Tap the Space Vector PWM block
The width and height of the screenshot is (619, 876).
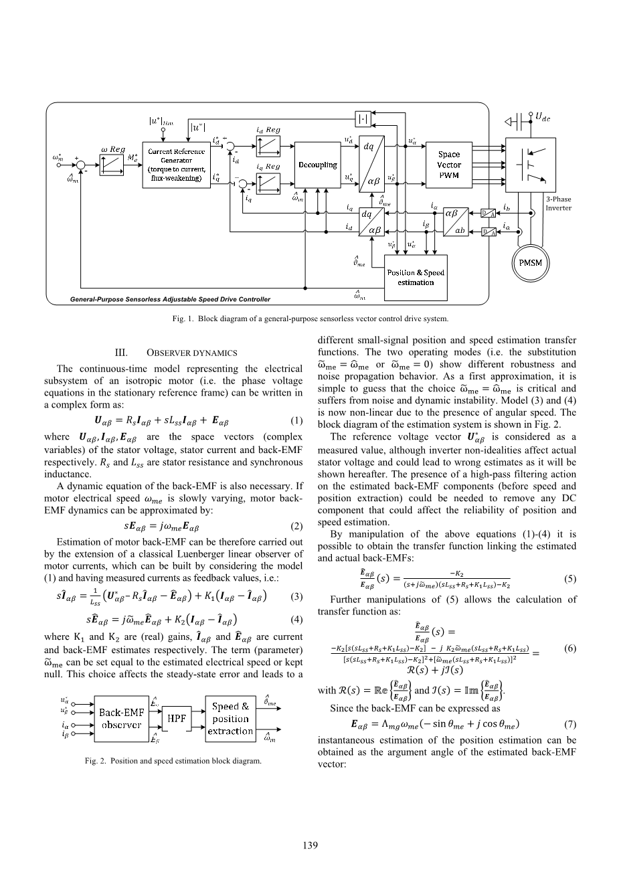[449, 165]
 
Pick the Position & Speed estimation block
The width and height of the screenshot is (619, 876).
[416, 277]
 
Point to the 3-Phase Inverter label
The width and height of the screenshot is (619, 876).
[558, 203]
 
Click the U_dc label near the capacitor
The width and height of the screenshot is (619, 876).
[543, 117]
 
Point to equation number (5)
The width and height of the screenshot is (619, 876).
[569, 580]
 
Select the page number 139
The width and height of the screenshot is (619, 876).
[309, 845]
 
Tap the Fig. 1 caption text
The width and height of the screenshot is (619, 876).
[309, 319]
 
